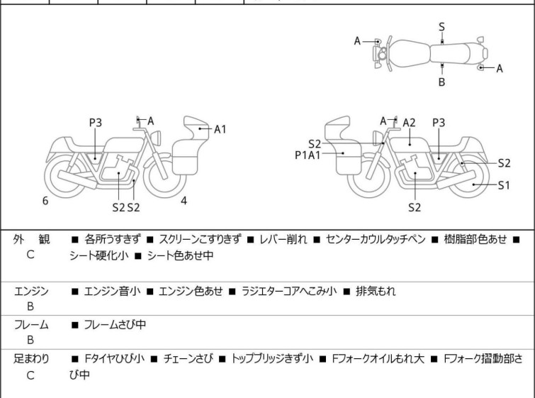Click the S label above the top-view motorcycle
coord(441,27)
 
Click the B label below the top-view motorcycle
coord(441,82)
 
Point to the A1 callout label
coord(220,129)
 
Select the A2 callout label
coord(409,123)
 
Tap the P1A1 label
coord(308,154)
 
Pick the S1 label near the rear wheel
coord(504,186)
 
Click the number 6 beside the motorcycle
coord(45,201)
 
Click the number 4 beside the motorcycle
coord(184,201)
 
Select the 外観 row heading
coord(31,240)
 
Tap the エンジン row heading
coord(31,291)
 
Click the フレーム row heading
coord(31,325)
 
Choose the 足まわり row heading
coord(31,359)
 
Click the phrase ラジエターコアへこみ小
coord(289,291)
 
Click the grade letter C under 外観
coord(30,255)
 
